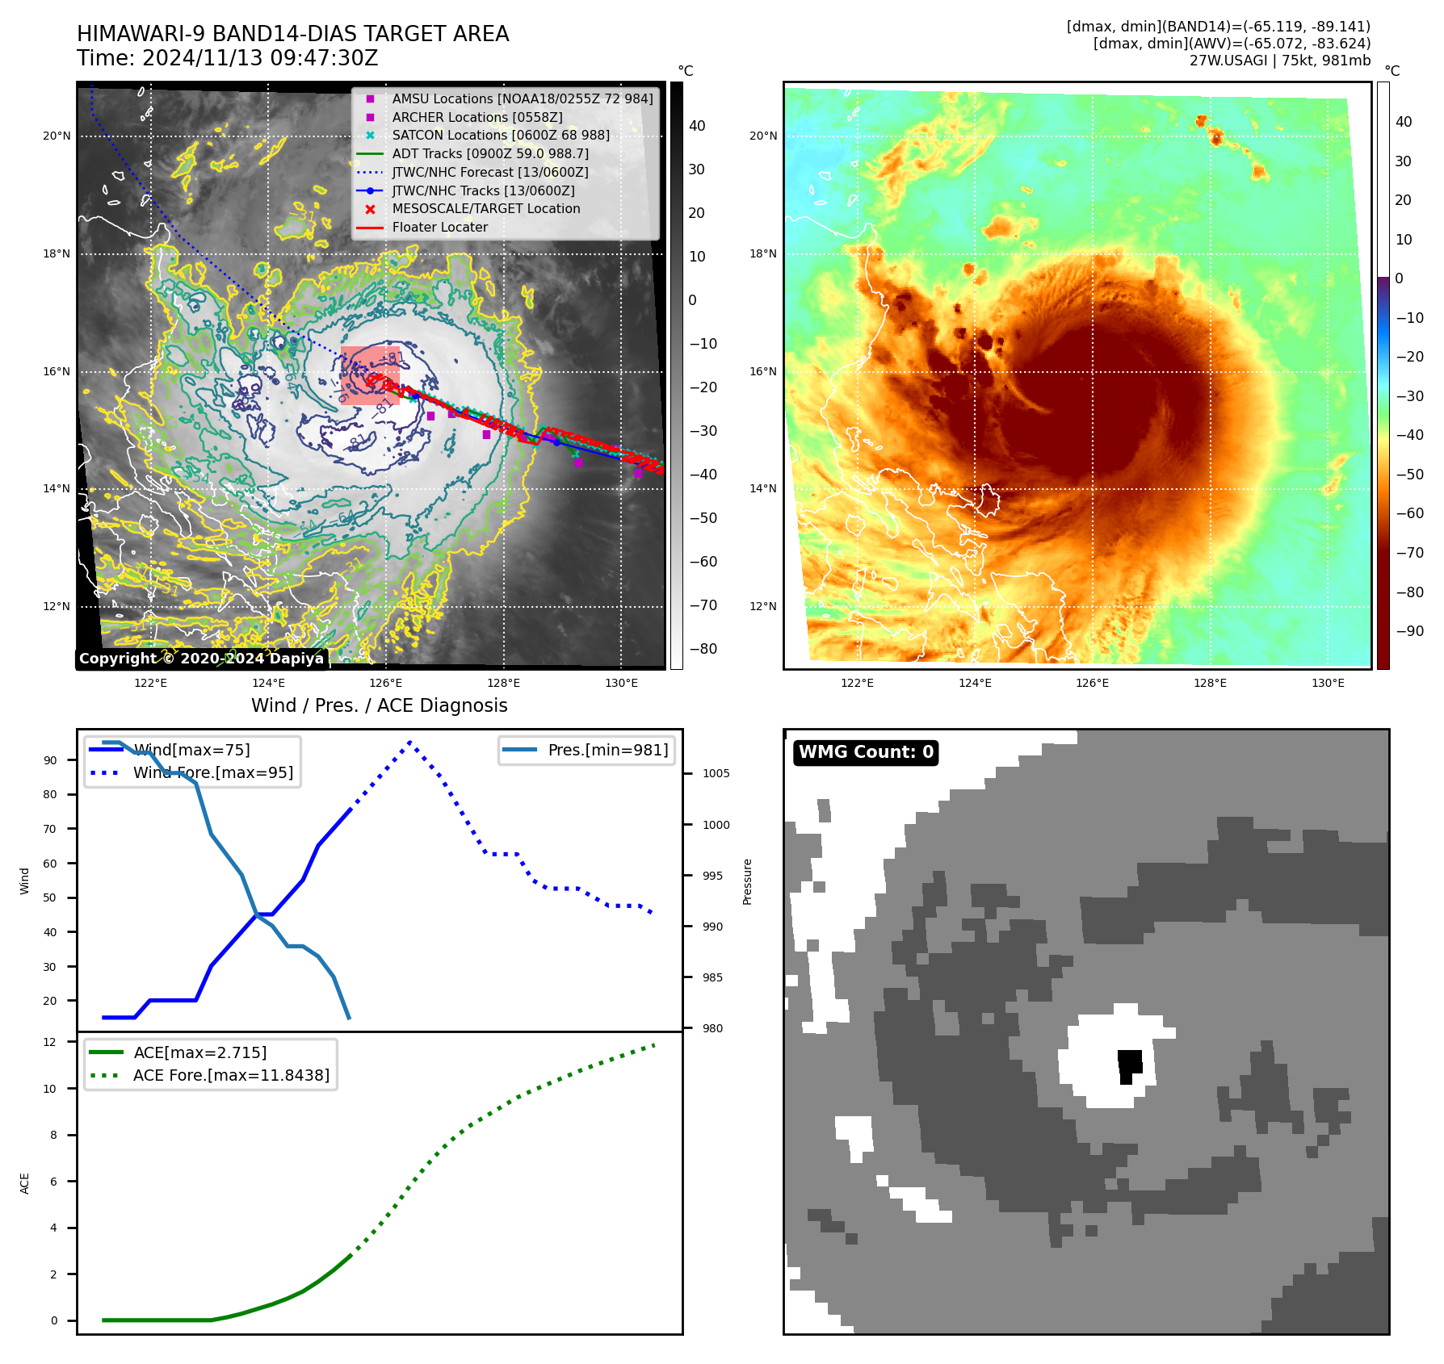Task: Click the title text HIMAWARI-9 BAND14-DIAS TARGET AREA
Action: tap(292, 34)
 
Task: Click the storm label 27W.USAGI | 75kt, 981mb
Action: tap(1279, 61)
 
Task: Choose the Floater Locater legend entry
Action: tap(439, 227)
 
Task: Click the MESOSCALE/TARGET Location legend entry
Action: tap(485, 208)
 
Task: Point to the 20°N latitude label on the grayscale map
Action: tap(57, 136)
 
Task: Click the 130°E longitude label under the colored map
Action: tap(1328, 683)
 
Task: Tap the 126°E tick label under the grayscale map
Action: tap(386, 683)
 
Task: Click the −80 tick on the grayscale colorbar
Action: tap(702, 649)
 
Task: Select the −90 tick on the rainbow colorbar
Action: tap(1409, 631)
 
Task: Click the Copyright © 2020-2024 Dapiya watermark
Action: tap(201, 659)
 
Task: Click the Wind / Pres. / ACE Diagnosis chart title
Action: tap(379, 705)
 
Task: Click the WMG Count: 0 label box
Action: tap(866, 752)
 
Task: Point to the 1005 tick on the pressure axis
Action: tap(716, 773)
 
